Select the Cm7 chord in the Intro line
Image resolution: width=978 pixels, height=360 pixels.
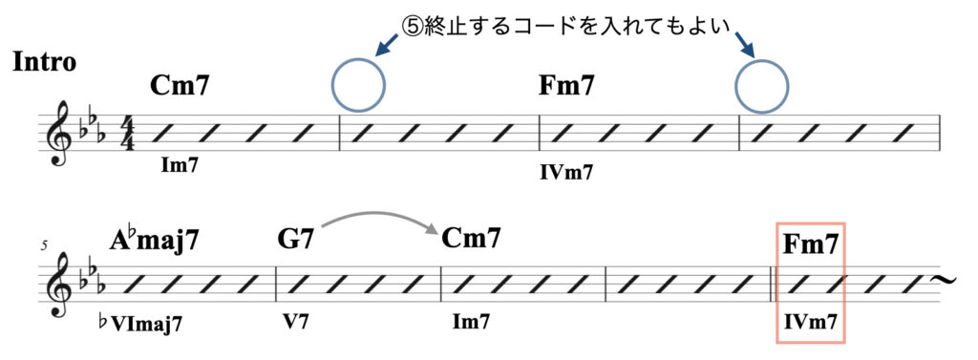point(180,87)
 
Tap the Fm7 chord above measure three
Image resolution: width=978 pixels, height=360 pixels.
point(567,87)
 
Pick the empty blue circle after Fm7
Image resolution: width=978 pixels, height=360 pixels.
point(761,83)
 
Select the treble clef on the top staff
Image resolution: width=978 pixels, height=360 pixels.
point(64,133)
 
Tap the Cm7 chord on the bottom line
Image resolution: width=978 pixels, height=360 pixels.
point(472,238)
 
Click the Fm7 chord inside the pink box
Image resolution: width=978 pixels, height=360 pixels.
point(810,244)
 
